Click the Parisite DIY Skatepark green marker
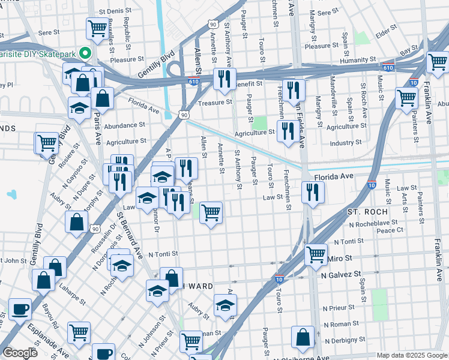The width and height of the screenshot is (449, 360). pyautogui.click(x=85, y=53)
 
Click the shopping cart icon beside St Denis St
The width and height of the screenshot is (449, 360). pyautogui.click(x=97, y=28)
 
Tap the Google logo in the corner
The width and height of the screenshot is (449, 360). pyautogui.click(x=20, y=353)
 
